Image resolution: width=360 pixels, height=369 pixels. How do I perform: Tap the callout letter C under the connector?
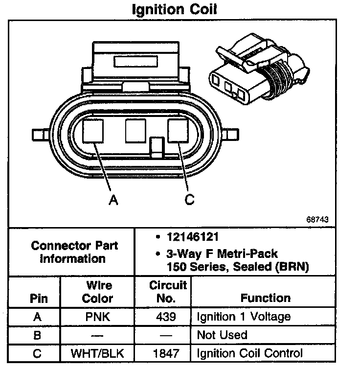pyautogui.click(x=189, y=199)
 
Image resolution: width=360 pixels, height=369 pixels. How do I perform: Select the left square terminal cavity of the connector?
pyautogui.click(x=93, y=131)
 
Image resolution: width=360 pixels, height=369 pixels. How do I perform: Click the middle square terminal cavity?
pyautogui.click(x=135, y=130)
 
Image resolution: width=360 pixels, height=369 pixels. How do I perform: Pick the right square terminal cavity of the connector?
pyautogui.click(x=178, y=131)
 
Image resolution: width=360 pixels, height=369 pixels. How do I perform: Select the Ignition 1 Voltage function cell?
pyautogui.click(x=243, y=317)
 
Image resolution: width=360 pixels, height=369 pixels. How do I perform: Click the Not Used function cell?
pyautogui.click(x=222, y=335)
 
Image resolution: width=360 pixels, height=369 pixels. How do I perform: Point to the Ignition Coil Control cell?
pyautogui.click(x=249, y=353)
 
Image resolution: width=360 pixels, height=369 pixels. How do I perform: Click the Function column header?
pyautogui.click(x=266, y=298)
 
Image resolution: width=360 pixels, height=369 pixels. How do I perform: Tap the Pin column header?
pyautogui.click(x=37, y=298)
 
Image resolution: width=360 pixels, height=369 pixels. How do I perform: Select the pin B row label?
pyautogui.click(x=37, y=335)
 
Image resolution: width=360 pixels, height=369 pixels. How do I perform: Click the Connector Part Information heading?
pyautogui.click(x=74, y=252)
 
